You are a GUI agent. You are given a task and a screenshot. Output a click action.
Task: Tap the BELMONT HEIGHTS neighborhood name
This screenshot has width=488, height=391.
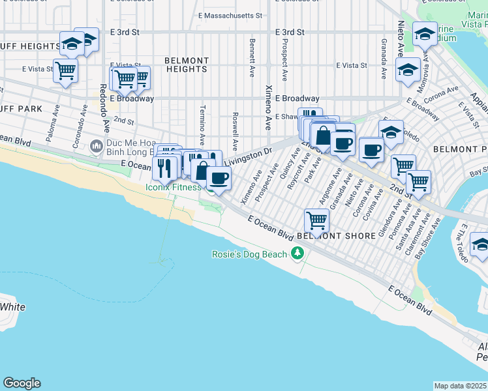click(x=187, y=65)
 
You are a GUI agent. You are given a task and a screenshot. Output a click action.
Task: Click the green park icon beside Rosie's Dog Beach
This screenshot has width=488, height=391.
click(x=298, y=253)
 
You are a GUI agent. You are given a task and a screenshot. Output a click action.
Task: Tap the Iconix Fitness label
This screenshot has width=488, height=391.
click(x=174, y=187)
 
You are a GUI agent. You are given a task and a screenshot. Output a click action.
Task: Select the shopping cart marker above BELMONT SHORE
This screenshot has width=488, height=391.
click(x=316, y=220)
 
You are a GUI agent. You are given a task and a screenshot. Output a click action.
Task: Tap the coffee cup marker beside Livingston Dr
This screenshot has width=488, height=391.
click(x=219, y=177)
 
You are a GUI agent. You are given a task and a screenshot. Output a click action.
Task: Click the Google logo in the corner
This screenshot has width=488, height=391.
click(x=22, y=383)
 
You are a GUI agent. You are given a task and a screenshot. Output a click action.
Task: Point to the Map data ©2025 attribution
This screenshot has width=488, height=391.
click(x=461, y=386)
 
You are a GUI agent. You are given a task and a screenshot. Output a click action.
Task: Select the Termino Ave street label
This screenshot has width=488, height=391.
click(x=203, y=124)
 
